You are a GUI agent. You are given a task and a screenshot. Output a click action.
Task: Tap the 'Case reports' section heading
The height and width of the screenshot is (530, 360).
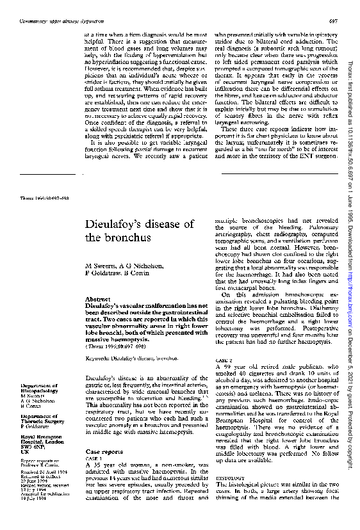104,452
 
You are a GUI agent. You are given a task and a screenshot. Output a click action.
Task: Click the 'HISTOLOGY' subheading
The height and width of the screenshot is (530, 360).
227,477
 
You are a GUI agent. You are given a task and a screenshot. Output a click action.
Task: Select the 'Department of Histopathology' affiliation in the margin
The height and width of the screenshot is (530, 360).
41,389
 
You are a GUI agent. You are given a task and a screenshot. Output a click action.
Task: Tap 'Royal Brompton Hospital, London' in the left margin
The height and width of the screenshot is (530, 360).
41,439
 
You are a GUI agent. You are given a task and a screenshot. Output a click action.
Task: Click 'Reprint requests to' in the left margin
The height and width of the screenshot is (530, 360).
38,460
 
